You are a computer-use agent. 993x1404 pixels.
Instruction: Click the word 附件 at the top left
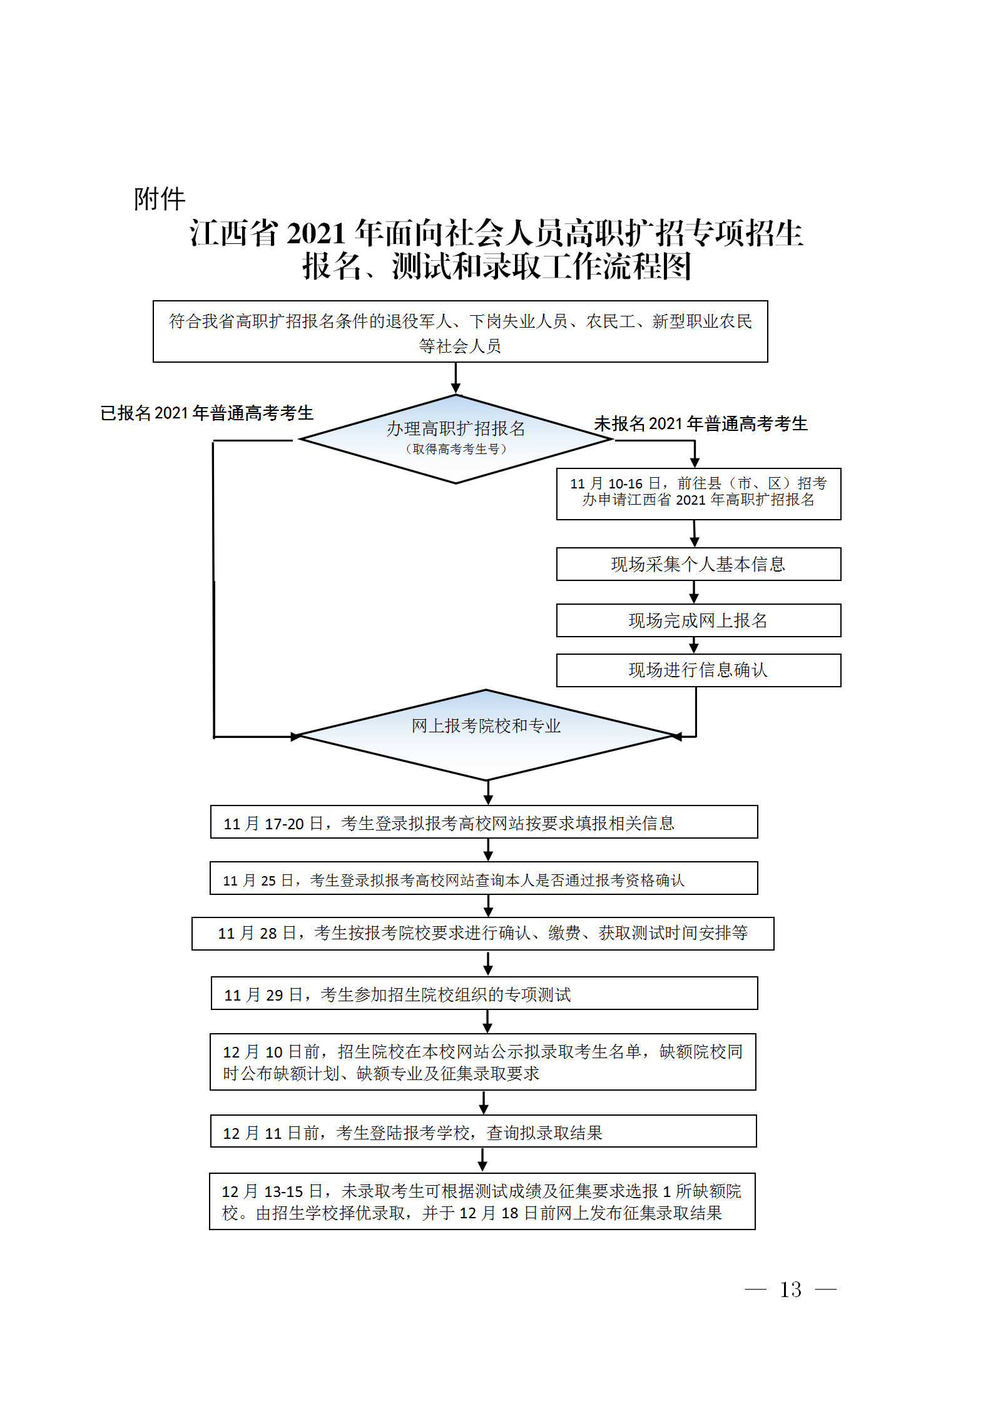[160, 199]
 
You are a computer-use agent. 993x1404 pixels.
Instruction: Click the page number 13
[790, 1289]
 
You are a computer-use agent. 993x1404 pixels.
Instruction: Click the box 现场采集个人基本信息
[698, 564]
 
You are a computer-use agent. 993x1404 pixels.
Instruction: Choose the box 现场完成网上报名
[698, 620]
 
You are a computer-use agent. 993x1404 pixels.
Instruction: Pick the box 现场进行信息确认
[698, 670]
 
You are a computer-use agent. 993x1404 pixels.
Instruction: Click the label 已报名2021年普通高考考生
[206, 413]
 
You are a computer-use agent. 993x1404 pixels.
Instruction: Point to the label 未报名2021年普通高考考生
[701, 424]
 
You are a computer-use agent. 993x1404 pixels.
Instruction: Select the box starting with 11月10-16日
[698, 493]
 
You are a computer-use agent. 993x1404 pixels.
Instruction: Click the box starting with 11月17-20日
[484, 822]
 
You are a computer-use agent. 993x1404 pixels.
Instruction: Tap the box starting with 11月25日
[484, 879]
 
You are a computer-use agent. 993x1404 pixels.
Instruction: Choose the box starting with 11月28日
[482, 934]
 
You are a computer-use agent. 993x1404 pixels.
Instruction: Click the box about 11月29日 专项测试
[484, 994]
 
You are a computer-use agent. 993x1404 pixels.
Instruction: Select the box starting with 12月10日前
[482, 1062]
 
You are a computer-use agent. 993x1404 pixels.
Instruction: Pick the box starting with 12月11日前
[483, 1131]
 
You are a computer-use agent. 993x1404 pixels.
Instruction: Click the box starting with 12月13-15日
[482, 1201]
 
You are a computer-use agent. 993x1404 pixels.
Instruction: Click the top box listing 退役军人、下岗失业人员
[460, 331]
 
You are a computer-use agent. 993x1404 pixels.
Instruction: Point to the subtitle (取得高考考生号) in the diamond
[456, 449]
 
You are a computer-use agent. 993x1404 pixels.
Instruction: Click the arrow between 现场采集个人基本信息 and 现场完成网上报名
[694, 592]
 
